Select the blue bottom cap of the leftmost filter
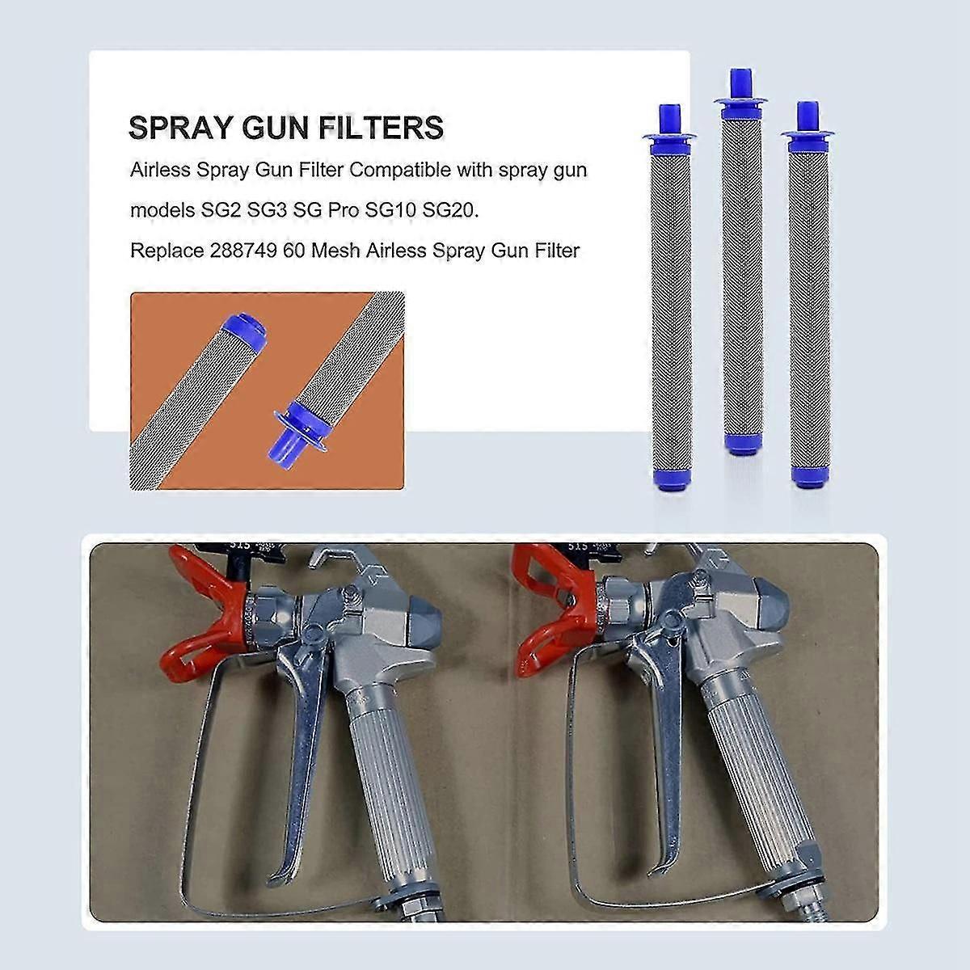click(x=668, y=483)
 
